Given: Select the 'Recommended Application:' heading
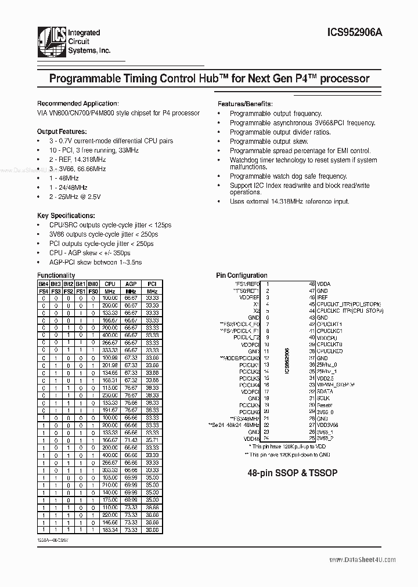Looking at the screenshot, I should click(x=78, y=103).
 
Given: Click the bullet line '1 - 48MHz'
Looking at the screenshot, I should click(x=64, y=178).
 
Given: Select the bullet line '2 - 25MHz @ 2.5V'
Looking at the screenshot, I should click(x=75, y=197).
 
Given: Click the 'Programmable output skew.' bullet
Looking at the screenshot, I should click(x=268, y=142).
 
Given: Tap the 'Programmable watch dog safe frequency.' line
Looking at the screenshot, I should click(x=288, y=176).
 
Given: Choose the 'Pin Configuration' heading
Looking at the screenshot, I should click(x=242, y=276).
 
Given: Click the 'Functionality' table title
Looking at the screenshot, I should click(x=56, y=276).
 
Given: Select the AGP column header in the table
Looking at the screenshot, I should click(x=131, y=284).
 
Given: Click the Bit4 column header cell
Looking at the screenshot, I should click(x=43, y=284).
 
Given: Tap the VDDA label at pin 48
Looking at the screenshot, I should click(x=323, y=284).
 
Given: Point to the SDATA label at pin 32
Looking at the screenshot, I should click(x=324, y=392).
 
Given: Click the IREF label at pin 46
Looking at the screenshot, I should click(x=322, y=298).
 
